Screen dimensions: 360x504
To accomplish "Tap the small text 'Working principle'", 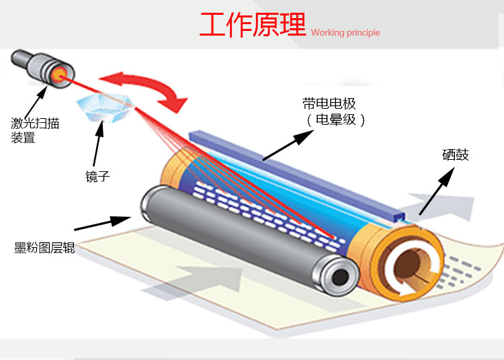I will pos(345,32).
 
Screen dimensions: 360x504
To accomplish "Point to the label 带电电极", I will pos(329,103).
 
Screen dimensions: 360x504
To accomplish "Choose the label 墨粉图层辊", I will pos(44,248).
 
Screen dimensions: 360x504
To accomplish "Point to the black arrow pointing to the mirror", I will pos(99,144).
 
